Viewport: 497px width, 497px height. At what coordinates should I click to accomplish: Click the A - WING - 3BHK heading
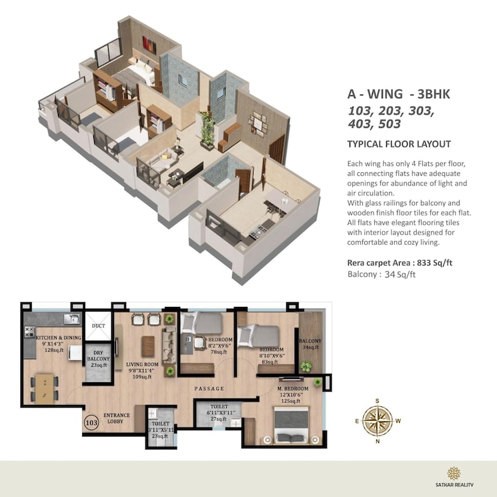[x=399, y=94]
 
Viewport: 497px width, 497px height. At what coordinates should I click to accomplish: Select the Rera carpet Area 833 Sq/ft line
[x=400, y=263]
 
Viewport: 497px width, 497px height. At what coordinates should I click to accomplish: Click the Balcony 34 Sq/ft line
[x=382, y=274]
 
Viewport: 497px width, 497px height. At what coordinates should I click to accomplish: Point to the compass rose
[x=377, y=420]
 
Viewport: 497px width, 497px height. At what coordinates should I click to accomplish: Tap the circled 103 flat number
[x=91, y=422]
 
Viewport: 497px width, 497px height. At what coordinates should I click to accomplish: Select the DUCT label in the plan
[x=99, y=326]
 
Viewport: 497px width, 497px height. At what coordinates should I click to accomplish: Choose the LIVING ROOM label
[x=141, y=365]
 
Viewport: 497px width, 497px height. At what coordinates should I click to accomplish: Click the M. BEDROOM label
[x=293, y=388]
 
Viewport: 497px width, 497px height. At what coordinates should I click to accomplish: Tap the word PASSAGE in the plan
[x=209, y=388]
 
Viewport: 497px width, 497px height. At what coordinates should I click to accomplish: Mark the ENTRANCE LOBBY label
[x=116, y=418]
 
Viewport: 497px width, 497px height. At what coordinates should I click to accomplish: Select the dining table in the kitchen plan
[x=44, y=385]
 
